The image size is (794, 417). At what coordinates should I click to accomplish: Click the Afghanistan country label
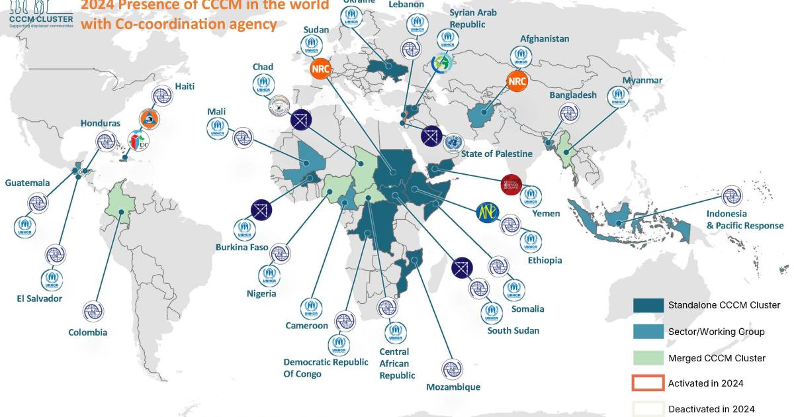[544, 38]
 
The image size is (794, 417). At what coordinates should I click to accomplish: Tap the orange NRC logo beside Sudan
[321, 69]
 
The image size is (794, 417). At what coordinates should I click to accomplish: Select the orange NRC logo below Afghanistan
[517, 81]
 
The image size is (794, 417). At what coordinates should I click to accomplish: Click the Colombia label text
[87, 332]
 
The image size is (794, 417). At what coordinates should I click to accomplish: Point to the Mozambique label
[453, 387]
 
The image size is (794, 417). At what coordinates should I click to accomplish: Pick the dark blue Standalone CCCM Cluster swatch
[648, 305]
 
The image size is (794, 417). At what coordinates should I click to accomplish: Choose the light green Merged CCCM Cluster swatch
[648, 357]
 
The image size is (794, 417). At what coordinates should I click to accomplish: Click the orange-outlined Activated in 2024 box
[648, 383]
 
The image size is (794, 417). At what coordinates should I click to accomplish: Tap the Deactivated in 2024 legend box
[648, 408]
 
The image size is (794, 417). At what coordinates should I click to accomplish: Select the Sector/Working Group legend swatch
[648, 331]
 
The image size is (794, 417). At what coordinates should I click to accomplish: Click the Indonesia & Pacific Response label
[744, 220]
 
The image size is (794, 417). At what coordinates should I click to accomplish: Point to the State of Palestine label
[496, 154]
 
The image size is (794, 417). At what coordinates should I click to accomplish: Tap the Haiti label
[185, 87]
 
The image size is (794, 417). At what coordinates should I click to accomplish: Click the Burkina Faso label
[242, 248]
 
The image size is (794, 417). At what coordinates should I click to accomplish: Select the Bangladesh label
[572, 95]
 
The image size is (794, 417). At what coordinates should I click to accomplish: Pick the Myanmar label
[642, 80]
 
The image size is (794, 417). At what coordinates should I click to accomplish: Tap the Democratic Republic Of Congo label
[326, 368]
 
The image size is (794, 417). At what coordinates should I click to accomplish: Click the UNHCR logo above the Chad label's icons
[263, 84]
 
